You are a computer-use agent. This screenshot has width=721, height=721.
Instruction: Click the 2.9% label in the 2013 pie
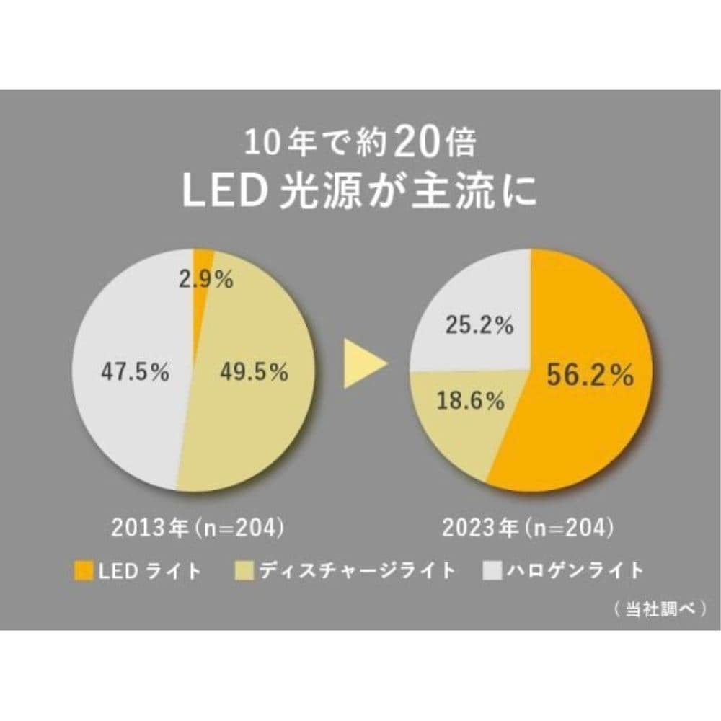[206, 280]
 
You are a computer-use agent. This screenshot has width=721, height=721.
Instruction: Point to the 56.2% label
[589, 374]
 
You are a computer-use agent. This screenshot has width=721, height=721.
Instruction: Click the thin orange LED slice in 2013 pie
[201, 263]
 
